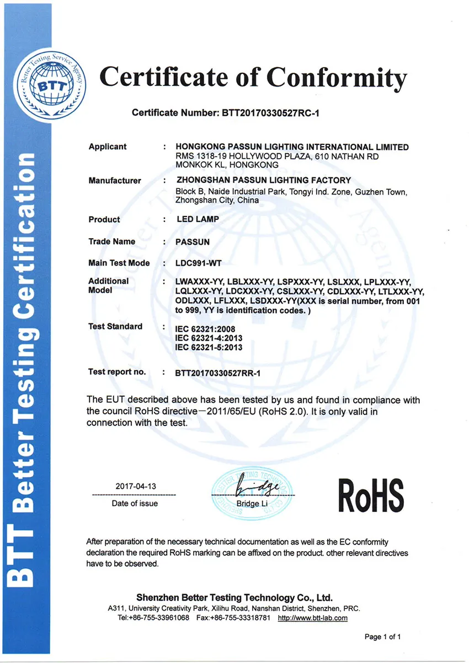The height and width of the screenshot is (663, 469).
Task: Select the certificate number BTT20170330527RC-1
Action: tap(271, 113)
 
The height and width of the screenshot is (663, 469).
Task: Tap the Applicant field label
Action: tap(108, 147)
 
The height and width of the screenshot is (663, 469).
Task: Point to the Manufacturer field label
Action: tap(115, 181)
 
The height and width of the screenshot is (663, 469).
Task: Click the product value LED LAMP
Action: tap(198, 219)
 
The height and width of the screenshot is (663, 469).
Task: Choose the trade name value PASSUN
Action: tap(193, 241)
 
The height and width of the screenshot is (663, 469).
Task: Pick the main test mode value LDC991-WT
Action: tap(199, 263)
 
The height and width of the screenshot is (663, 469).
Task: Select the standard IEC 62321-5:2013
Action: tap(209, 347)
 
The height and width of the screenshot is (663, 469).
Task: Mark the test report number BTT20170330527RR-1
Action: tap(217, 373)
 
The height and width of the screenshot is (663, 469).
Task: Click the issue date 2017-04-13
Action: tap(136, 487)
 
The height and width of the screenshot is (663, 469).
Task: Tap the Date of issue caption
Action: tap(135, 503)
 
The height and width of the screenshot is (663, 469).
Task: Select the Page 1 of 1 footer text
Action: tap(382, 637)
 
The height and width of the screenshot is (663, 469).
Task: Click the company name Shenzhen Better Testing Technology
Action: tap(234, 598)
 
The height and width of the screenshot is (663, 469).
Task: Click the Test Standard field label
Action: tap(115, 326)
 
